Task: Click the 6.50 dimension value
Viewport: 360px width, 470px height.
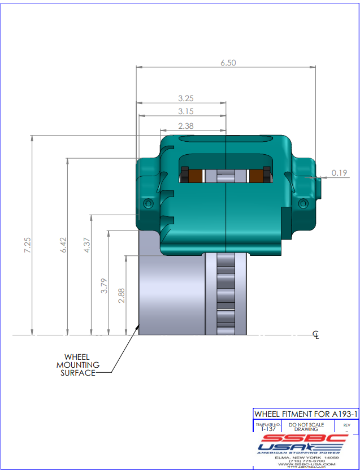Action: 228,63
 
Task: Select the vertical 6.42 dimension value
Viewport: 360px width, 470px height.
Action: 63,244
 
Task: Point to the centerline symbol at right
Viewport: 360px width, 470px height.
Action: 316,336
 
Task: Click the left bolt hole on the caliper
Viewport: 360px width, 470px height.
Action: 149,203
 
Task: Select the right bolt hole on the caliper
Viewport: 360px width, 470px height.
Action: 303,203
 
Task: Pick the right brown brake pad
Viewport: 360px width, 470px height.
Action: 257,176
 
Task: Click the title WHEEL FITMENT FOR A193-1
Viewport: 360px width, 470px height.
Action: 305,414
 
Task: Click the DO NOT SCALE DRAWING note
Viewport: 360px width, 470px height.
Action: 306,427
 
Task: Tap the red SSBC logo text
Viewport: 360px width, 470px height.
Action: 305,438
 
